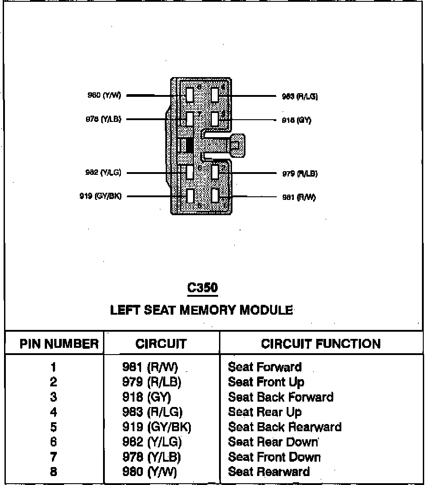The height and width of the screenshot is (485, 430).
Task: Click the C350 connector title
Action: [203, 288]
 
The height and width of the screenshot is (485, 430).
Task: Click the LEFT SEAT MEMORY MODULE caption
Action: [202, 310]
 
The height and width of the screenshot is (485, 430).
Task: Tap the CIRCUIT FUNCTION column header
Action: [321, 344]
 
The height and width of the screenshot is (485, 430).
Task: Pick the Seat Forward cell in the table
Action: [265, 367]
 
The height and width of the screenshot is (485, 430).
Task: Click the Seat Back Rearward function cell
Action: [284, 427]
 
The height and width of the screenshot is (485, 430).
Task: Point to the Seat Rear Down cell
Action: [273, 442]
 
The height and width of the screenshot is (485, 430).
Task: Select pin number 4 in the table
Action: [54, 412]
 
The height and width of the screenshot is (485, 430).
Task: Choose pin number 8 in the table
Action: [54, 472]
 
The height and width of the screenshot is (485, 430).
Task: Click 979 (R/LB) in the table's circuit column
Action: [152, 382]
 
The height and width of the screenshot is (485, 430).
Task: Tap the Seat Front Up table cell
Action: [266, 382]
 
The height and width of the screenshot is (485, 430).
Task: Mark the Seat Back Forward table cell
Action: [280, 397]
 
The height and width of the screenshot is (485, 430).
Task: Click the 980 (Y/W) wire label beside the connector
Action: [104, 95]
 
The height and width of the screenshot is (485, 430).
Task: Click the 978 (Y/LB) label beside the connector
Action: [103, 119]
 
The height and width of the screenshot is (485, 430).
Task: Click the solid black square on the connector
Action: [189, 145]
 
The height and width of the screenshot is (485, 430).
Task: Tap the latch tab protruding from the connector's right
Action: [237, 145]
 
